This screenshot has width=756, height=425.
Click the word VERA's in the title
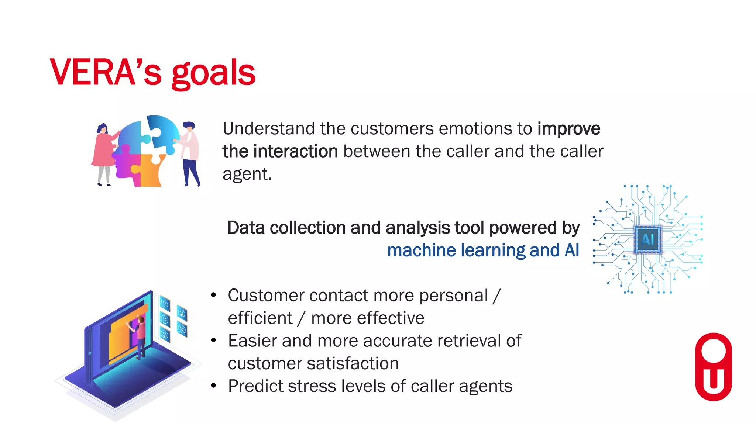(106, 73)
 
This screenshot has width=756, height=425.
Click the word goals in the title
(213, 74)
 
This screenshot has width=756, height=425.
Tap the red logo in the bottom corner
(713, 367)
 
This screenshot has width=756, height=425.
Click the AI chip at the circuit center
(648, 239)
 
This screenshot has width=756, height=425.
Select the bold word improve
(568, 129)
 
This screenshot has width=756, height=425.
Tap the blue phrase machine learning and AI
(483, 250)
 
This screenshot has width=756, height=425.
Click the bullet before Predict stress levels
(213, 386)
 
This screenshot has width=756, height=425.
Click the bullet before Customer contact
(213, 296)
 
